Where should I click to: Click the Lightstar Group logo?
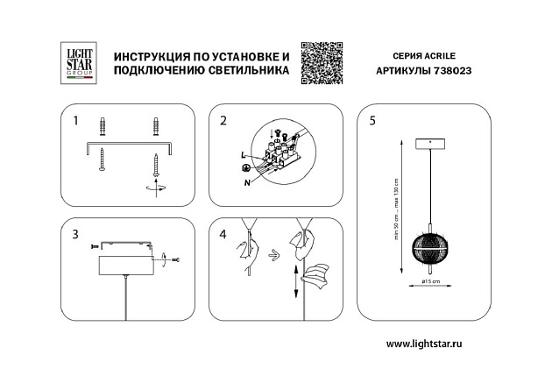click(x=75, y=62)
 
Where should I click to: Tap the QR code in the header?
click(x=319, y=63)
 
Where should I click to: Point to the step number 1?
click(x=74, y=119)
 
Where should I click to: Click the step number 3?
click(x=74, y=234)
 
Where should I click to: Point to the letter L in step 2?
click(x=242, y=154)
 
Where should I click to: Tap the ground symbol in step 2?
click(x=246, y=167)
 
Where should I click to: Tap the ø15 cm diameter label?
click(x=429, y=280)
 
